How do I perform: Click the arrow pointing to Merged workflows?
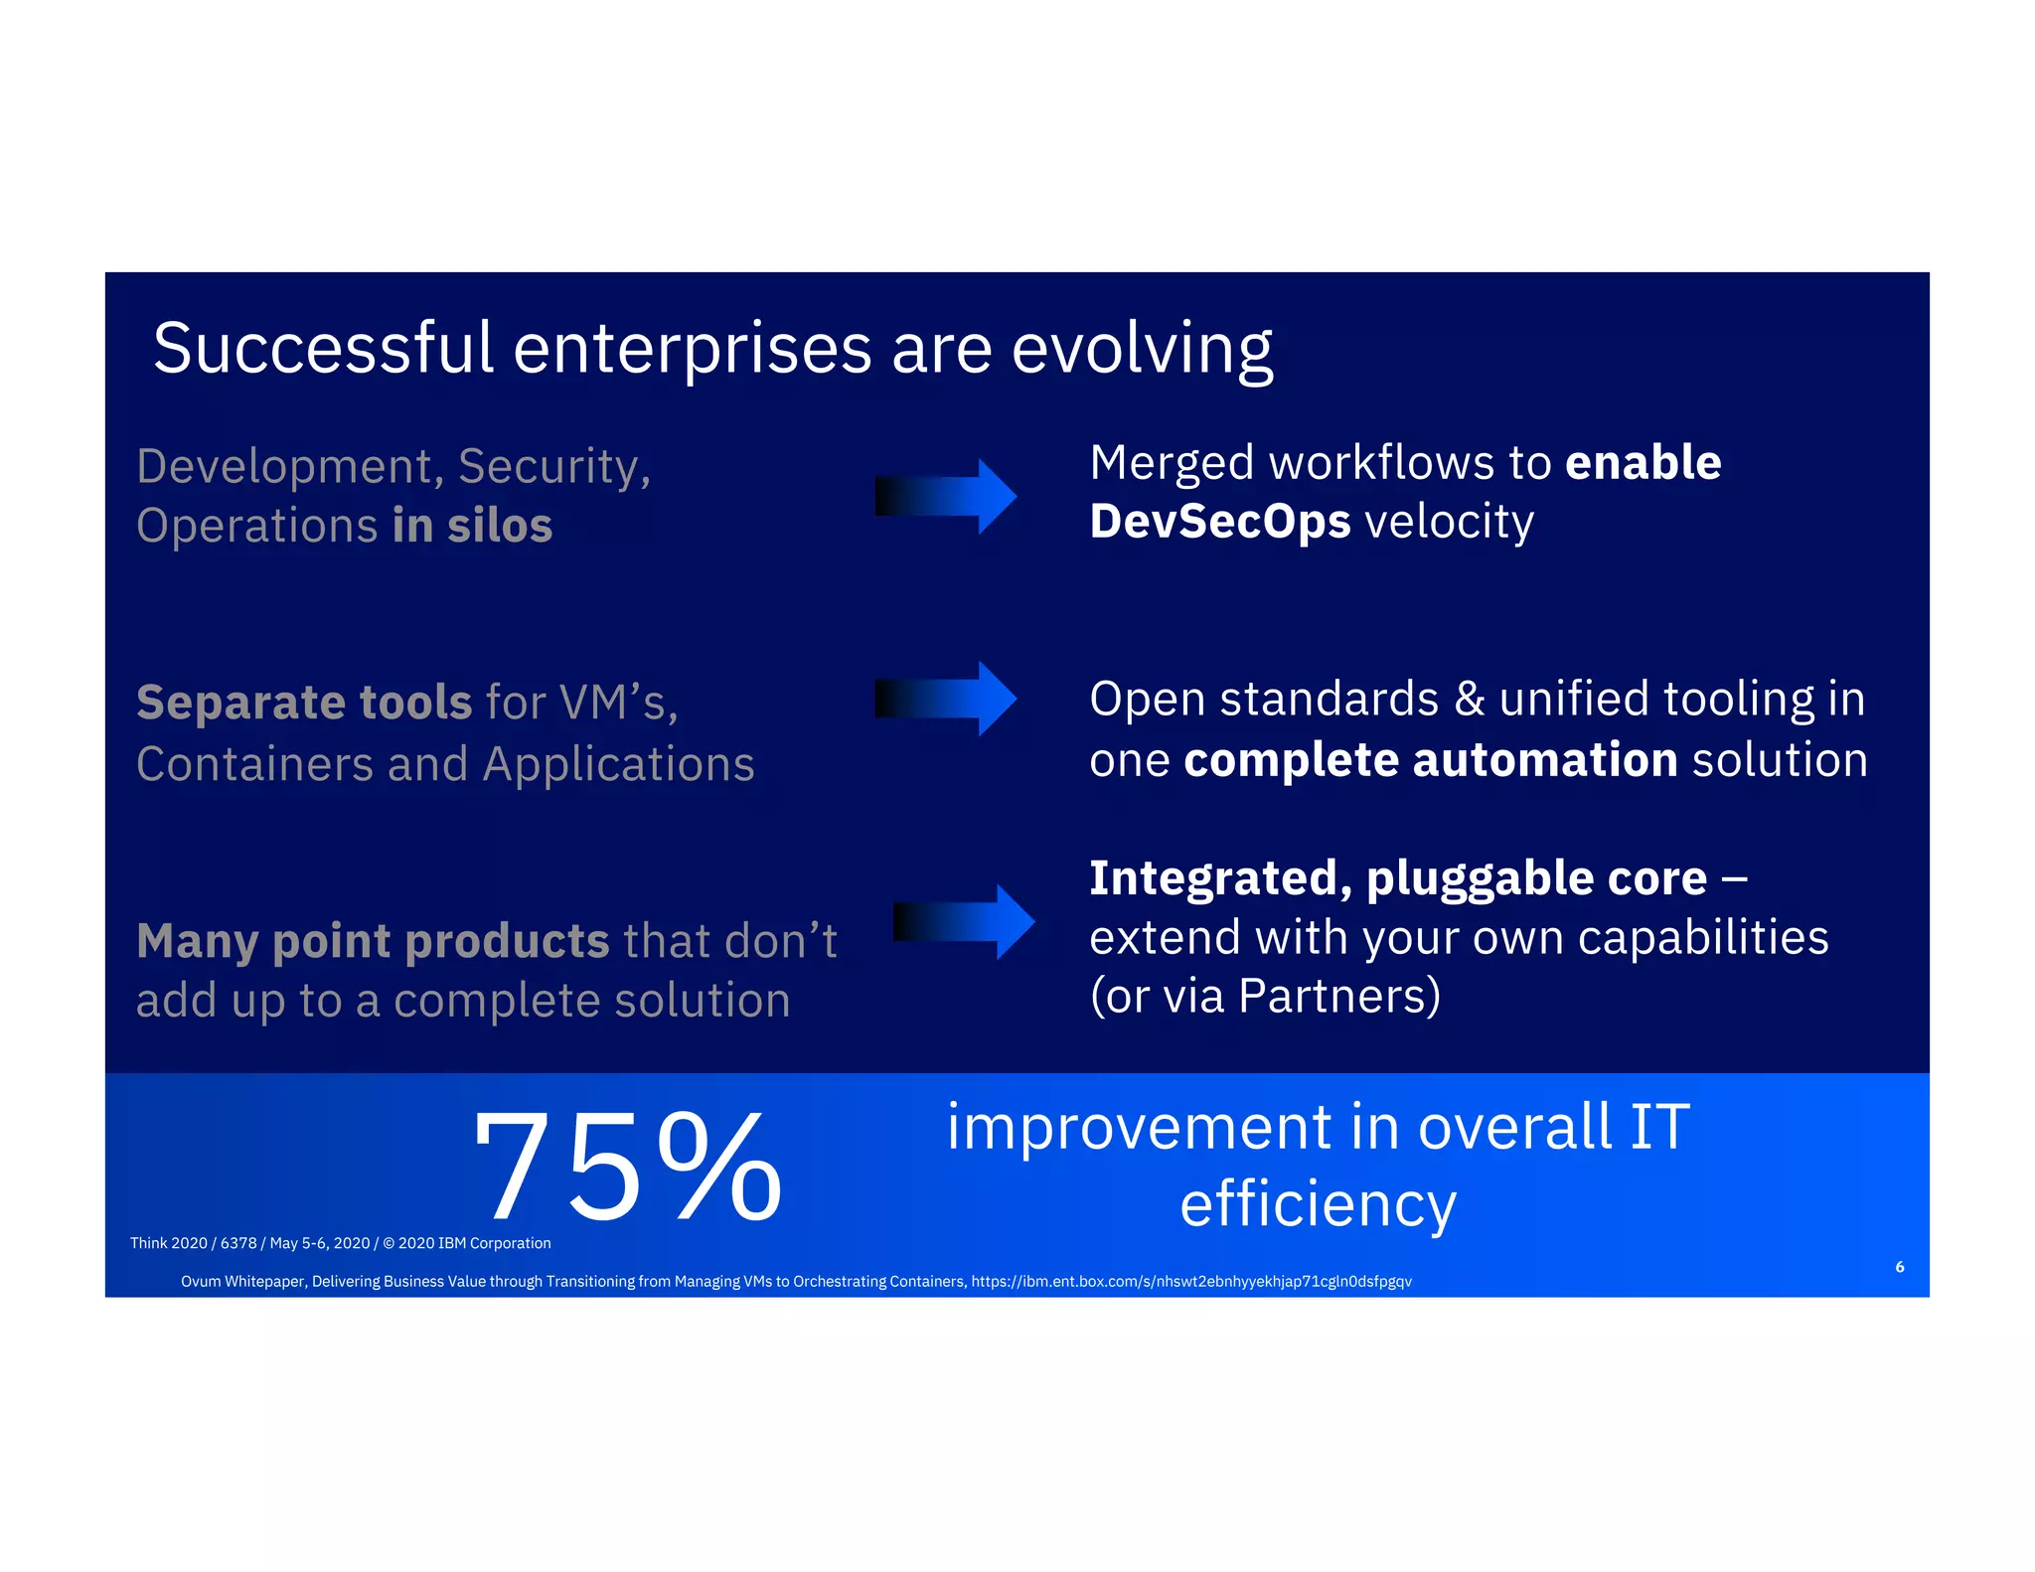[x=945, y=496]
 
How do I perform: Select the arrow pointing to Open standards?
[x=945, y=699]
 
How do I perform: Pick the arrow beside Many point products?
[x=963, y=921]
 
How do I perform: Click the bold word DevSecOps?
[x=1219, y=522]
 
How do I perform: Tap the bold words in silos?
[x=472, y=526]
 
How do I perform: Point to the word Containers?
[x=254, y=764]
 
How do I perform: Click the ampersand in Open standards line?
[x=1469, y=699]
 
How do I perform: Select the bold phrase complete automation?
[x=1430, y=760]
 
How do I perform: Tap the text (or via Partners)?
[x=1264, y=996]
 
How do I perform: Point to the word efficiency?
[x=1318, y=1204]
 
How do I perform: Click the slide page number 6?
[x=1899, y=1267]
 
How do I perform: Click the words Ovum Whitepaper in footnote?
[x=242, y=1282]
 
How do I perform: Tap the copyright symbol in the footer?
[x=389, y=1243]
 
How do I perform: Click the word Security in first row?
[x=553, y=466]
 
